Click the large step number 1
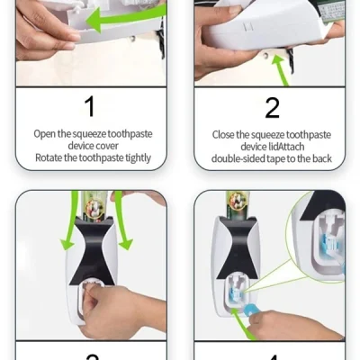click(x=90, y=106)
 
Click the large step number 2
click(x=273, y=107)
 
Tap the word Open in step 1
click(x=45, y=134)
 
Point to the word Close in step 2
click(x=223, y=135)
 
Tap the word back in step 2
click(x=322, y=158)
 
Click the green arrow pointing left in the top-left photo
click(x=126, y=18)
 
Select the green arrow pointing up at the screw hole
click(x=281, y=69)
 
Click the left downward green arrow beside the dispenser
click(x=70, y=222)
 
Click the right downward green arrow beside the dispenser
click(x=121, y=222)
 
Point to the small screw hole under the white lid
click(x=265, y=55)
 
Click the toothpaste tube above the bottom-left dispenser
click(x=94, y=204)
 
